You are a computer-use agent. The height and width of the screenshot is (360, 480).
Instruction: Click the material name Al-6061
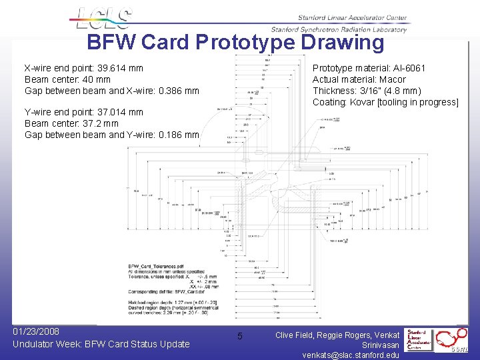click(407, 68)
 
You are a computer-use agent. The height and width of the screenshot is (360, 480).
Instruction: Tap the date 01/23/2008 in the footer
click(36, 331)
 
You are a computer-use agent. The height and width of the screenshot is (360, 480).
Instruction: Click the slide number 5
click(240, 335)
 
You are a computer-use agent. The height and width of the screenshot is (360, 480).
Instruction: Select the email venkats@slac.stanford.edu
click(351, 355)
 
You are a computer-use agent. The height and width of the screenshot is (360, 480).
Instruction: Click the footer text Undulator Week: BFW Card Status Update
click(101, 344)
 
